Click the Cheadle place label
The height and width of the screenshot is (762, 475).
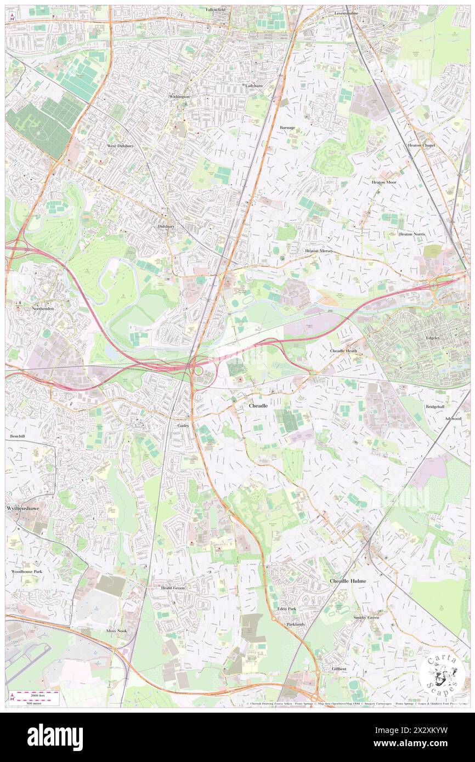258,406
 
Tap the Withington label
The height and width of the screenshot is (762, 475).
179,96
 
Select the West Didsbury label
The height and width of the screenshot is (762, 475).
120,146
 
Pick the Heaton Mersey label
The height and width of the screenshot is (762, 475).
319,251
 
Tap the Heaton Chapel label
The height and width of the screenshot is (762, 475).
421,145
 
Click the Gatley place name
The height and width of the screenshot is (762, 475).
183,425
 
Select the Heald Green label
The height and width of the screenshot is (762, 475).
173,588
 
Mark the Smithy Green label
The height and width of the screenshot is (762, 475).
366,618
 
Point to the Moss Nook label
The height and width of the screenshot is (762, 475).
117,631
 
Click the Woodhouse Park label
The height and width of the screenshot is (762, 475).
27,571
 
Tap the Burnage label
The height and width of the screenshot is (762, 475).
287,127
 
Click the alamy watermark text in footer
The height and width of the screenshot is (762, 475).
55,737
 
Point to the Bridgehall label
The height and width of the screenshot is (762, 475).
435,407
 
